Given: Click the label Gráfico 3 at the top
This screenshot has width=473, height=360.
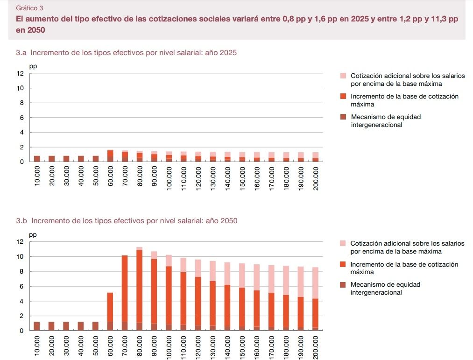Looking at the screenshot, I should coord(29,8).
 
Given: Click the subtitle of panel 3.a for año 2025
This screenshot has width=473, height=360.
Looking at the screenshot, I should coord(126,53).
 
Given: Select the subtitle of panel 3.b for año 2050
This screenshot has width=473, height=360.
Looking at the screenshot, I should coord(127,220).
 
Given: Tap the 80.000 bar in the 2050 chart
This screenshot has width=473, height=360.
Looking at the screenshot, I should coord(140,289).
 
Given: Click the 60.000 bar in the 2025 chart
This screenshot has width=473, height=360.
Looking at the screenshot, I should coord(110,156).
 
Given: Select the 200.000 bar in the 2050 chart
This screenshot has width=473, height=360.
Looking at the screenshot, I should coord(316,299).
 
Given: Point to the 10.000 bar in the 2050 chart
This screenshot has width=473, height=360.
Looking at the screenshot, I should coord(37,326).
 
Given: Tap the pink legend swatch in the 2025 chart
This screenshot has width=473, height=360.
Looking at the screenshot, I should coord(343,76).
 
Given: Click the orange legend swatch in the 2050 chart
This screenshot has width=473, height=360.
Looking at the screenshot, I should coord(343,265).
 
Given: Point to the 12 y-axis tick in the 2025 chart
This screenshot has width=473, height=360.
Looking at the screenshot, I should coord(20,73).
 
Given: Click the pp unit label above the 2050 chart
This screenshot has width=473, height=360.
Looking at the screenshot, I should coord(33,235).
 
